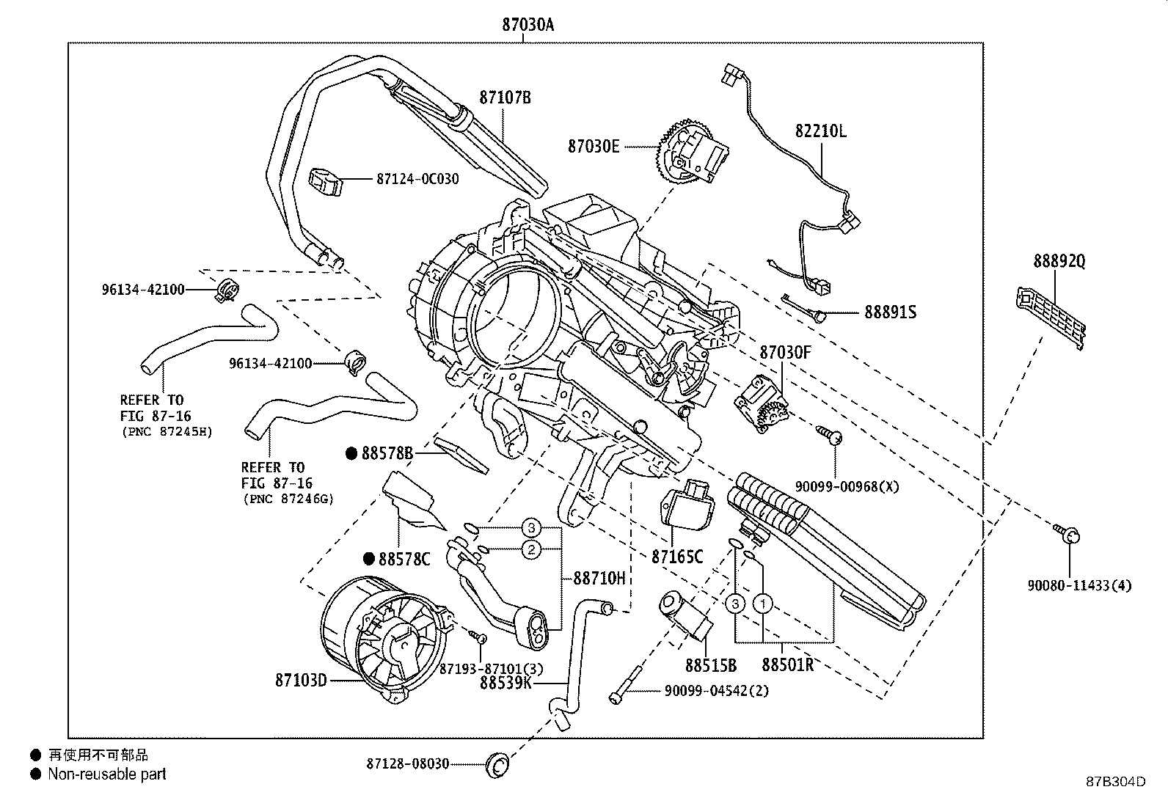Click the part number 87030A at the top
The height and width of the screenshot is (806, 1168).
pos(528,25)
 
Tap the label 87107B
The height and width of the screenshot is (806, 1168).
pos(505,98)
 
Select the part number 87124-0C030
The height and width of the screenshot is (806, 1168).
pos(417,179)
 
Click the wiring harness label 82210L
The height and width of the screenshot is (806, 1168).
pos(821,131)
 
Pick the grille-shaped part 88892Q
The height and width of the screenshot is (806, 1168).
pos(1051,318)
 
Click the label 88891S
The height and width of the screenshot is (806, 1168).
pos(890,312)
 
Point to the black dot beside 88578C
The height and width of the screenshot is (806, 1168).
pos(368,559)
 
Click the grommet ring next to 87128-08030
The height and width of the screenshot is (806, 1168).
pos(497,766)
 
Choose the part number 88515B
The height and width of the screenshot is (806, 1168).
pos(711,665)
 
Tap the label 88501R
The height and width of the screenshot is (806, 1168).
pos(787,664)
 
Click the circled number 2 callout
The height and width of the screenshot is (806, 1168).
pos(531,549)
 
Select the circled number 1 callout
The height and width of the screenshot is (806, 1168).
pos(763,604)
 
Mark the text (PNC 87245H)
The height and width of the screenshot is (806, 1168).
pos(167,432)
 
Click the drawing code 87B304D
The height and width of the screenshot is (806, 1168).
pos(1116,782)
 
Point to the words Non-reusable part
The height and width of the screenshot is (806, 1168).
pos(107,774)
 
